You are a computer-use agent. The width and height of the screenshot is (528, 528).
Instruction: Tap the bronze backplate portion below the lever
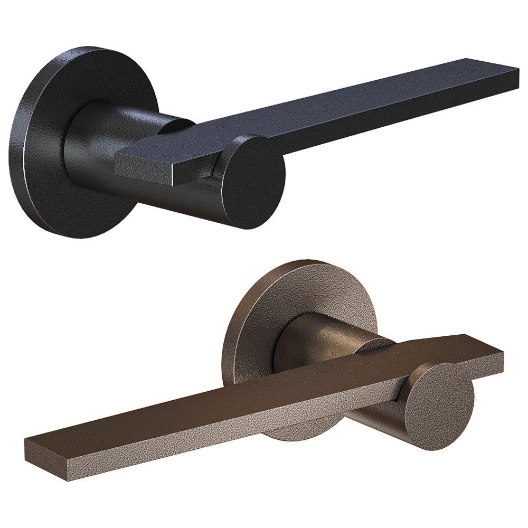296,433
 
